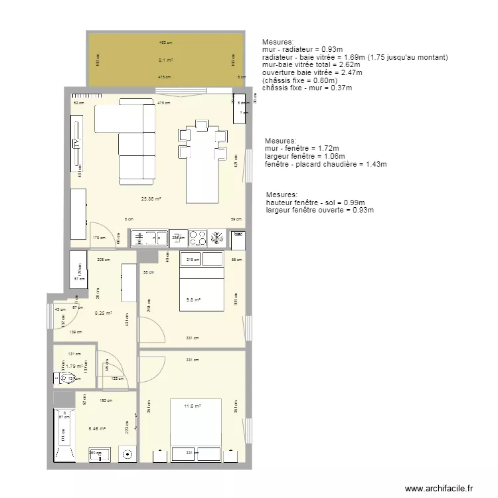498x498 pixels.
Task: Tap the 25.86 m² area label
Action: pyautogui.click(x=151, y=199)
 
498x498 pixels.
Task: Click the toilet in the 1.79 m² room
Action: pyautogui.click(x=66, y=378)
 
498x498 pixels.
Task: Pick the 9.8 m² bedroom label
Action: pyautogui.click(x=193, y=299)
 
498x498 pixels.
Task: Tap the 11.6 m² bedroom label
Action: pyautogui.click(x=193, y=405)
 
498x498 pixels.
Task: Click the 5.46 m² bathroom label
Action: pyautogui.click(x=97, y=428)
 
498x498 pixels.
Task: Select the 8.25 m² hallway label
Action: pyautogui.click(x=103, y=313)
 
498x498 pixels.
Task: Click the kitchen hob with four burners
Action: pyautogui.click(x=197, y=238)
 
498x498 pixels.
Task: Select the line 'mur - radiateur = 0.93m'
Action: pyautogui.click(x=302, y=49)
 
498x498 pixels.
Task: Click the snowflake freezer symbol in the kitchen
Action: pyautogui.click(x=217, y=238)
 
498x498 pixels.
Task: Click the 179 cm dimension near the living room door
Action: pyautogui.click(x=99, y=237)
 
